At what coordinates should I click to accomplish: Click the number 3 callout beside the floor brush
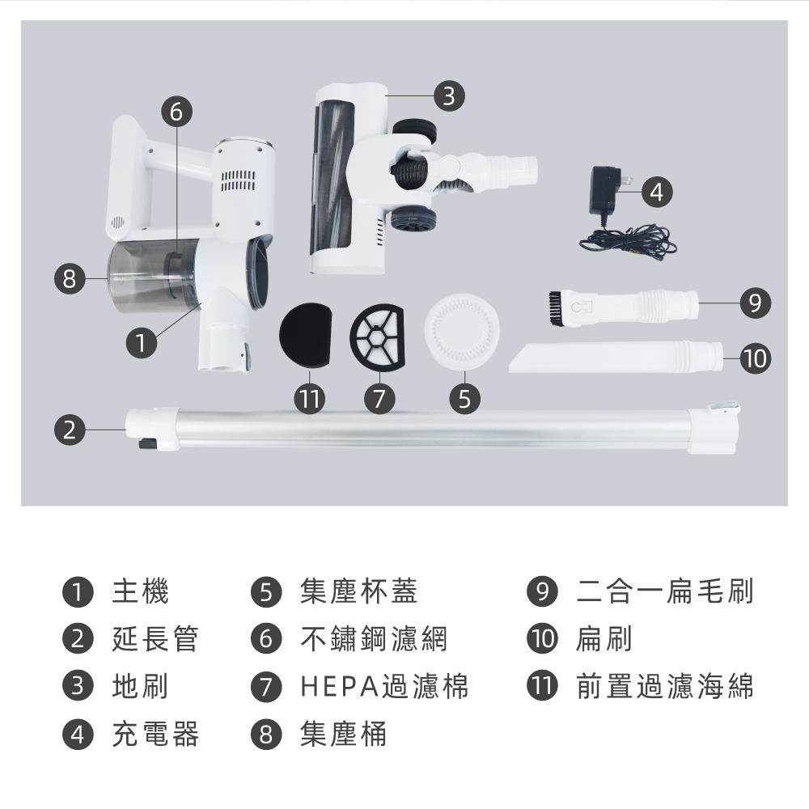pyautogui.click(x=449, y=96)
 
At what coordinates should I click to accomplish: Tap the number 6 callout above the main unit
pyautogui.click(x=176, y=112)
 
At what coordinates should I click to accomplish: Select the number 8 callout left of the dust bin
pyautogui.click(x=70, y=278)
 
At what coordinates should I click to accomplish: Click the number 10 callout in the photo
pyautogui.click(x=756, y=358)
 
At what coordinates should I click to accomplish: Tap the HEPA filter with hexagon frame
pyautogui.click(x=377, y=337)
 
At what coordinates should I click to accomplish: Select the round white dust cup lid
pyautogui.click(x=462, y=332)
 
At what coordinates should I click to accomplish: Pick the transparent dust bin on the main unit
pyautogui.click(x=150, y=276)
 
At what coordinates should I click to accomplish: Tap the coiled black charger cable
pyautogui.click(x=629, y=242)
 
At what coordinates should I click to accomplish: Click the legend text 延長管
pyautogui.click(x=155, y=639)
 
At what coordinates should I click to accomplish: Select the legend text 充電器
pyautogui.click(x=155, y=735)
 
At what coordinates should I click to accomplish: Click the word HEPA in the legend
pyautogui.click(x=340, y=687)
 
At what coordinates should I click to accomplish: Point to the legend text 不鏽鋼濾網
pyautogui.click(x=374, y=639)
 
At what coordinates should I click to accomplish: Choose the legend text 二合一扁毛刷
pyautogui.click(x=665, y=591)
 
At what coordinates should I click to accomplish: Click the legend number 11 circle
pyautogui.click(x=542, y=686)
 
